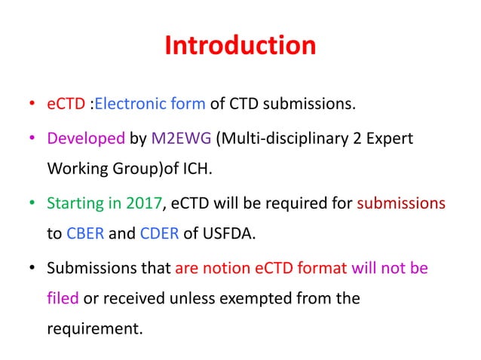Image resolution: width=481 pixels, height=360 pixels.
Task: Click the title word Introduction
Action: point(240,45)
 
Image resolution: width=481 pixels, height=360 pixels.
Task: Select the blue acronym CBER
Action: point(81,233)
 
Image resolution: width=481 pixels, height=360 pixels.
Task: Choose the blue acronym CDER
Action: point(158,233)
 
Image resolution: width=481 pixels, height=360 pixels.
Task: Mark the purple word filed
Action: point(63,297)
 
